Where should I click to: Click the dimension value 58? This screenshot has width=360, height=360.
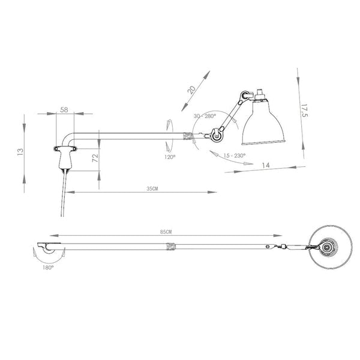tap(64, 110)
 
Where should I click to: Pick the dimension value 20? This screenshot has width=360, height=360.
tap(191, 89)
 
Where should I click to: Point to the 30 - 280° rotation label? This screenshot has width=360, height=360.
tap(205, 116)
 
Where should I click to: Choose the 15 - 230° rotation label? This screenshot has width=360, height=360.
tap(233, 155)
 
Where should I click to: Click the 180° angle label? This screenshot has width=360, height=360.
tap(49, 268)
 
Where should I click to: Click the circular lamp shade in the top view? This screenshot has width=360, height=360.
tap(326, 247)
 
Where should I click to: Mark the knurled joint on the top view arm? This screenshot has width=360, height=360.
tap(170, 246)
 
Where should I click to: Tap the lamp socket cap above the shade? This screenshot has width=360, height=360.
tap(261, 95)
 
